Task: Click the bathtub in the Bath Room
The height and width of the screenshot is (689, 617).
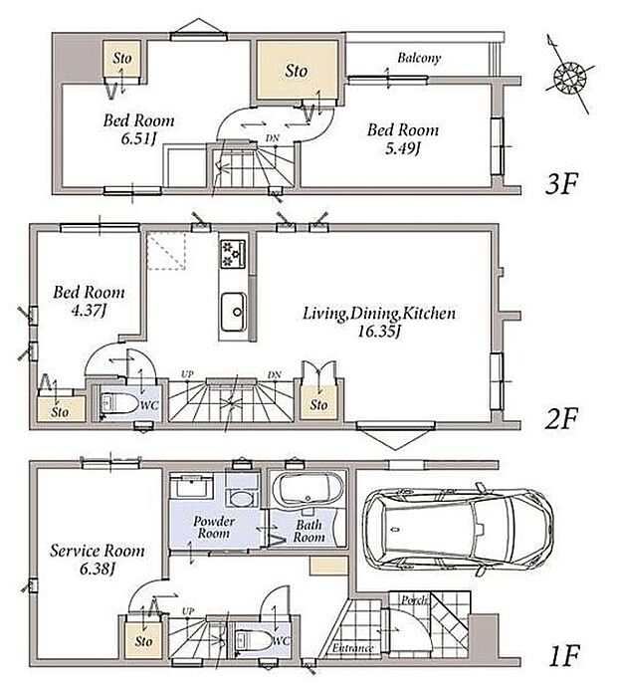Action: click(x=308, y=491)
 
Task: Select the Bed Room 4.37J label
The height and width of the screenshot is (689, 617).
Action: click(x=89, y=302)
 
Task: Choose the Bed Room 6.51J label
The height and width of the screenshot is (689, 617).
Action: click(x=141, y=128)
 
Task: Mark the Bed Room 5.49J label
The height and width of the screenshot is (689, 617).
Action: click(x=402, y=139)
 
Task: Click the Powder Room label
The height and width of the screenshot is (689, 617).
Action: click(x=214, y=527)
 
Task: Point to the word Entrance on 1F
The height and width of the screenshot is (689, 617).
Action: click(x=352, y=649)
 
